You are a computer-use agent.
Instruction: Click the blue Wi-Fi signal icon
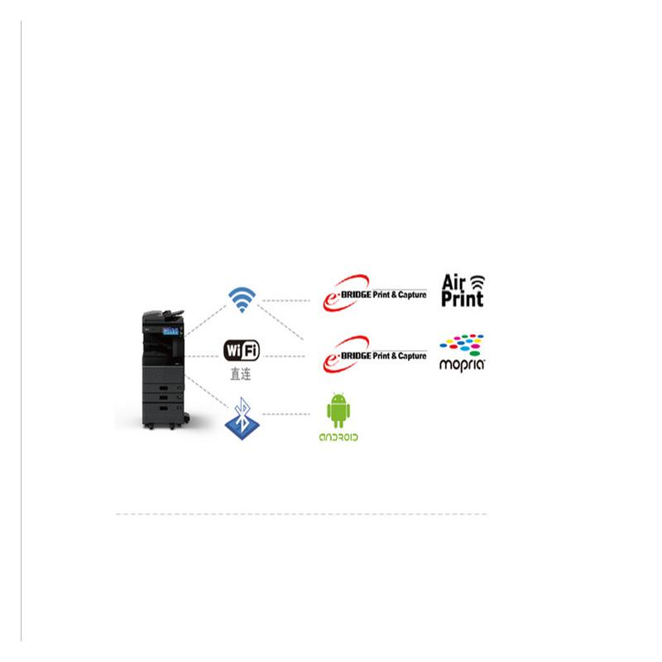pyautogui.click(x=242, y=300)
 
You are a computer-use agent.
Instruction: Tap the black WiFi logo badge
pyautogui.click(x=242, y=351)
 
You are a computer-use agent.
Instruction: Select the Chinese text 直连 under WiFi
pyautogui.click(x=241, y=375)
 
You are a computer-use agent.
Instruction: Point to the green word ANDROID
pyautogui.click(x=338, y=436)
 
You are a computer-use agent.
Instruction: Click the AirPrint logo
pyautogui.click(x=463, y=290)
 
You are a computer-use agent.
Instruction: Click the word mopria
pyautogui.click(x=462, y=363)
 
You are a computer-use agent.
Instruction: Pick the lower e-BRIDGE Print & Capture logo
pyautogui.click(x=374, y=354)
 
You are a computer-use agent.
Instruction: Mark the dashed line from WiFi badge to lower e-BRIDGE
pyautogui.click(x=290, y=357)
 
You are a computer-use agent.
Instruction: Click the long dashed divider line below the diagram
pyautogui.click(x=300, y=514)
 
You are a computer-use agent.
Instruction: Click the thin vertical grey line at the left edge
pyautogui.click(x=21, y=331)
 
